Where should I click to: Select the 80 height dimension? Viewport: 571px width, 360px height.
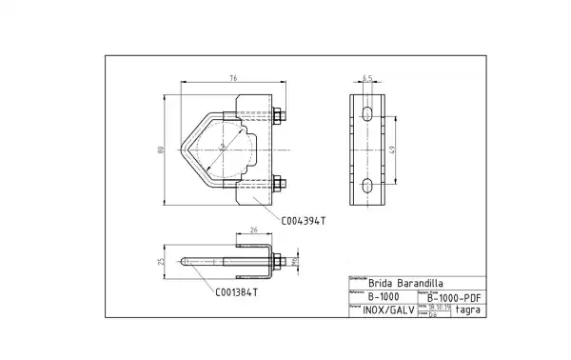click(x=162, y=150)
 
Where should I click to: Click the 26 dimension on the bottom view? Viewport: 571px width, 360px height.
click(x=253, y=230)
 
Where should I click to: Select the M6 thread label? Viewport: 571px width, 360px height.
click(x=295, y=258)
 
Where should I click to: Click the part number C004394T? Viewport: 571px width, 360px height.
click(x=304, y=220)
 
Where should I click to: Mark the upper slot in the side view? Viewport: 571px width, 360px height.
click(x=366, y=114)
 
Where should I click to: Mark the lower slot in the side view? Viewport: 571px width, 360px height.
click(x=366, y=184)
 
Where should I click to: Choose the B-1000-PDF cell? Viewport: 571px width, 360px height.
click(x=451, y=296)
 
